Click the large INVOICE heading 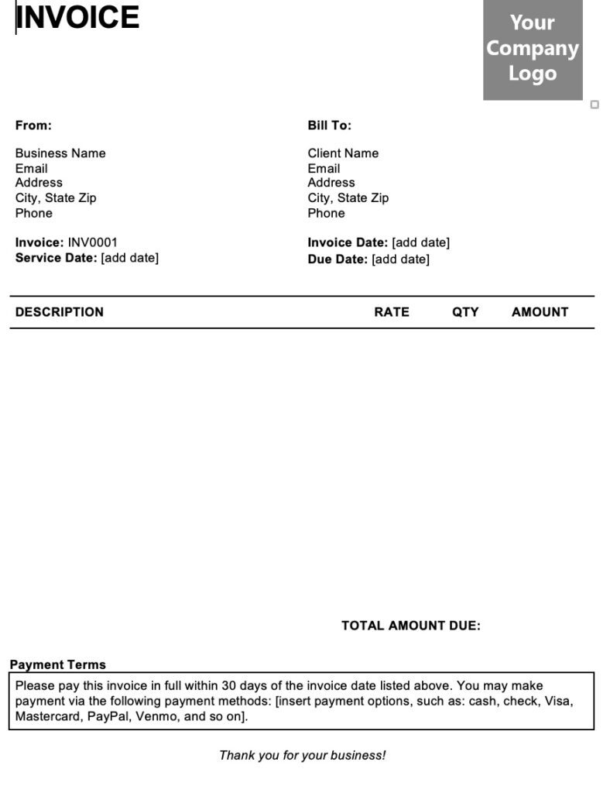click(x=77, y=17)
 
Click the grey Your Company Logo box click(x=533, y=48)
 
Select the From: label click(x=33, y=125)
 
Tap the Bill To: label click(x=329, y=125)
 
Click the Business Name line click(x=60, y=153)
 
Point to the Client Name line click(x=343, y=153)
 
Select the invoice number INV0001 click(x=93, y=242)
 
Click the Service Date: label click(x=57, y=258)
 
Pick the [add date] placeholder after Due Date click(x=400, y=259)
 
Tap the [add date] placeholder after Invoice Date click(x=420, y=242)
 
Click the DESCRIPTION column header click(x=60, y=312)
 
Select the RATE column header click(x=392, y=312)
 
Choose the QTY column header click(x=465, y=312)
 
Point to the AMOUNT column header click(x=540, y=312)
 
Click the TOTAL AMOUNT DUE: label click(x=411, y=626)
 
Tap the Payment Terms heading click(x=58, y=664)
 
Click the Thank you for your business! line click(x=302, y=755)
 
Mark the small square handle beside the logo click(x=595, y=105)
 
